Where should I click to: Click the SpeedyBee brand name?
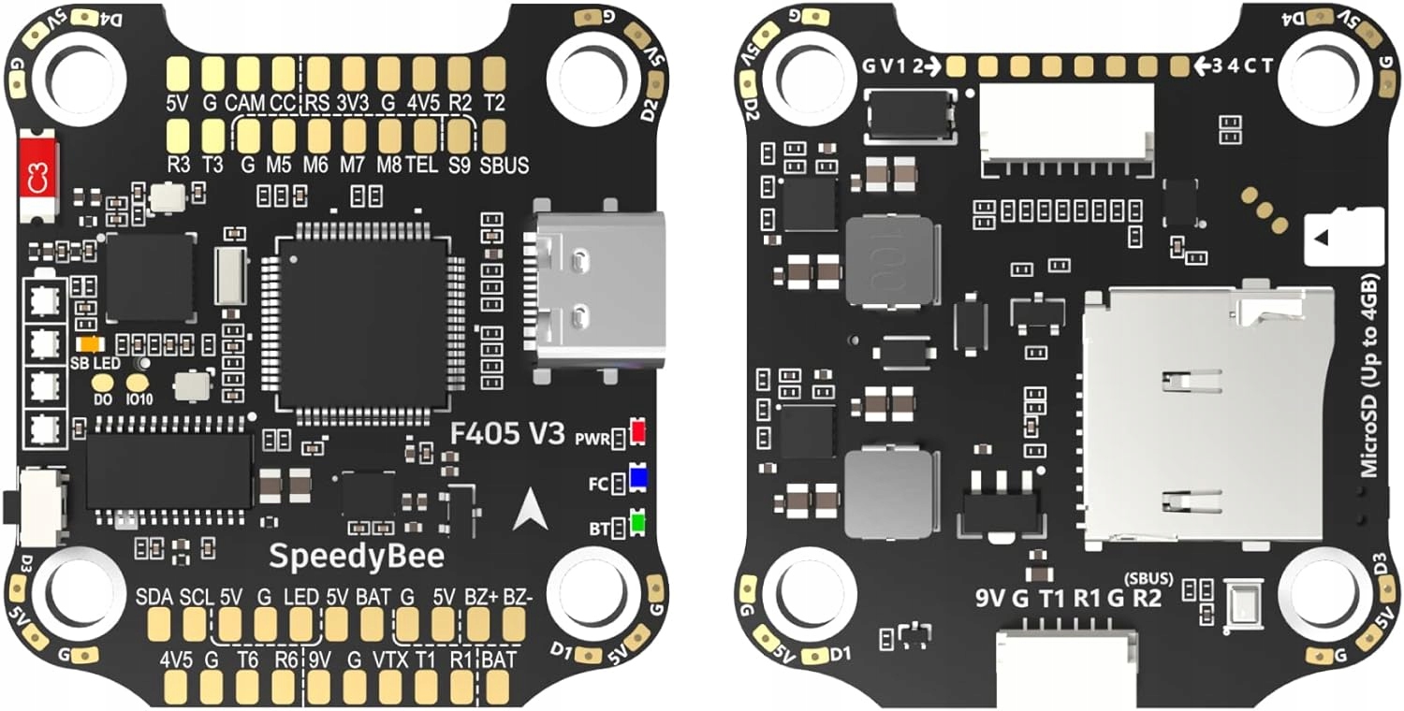click(x=357, y=556)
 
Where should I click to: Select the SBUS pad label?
click(x=504, y=166)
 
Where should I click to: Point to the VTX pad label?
click(x=390, y=659)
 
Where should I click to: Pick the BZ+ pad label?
click(x=481, y=596)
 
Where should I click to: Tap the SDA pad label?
click(x=154, y=596)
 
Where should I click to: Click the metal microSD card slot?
click(x=1207, y=416)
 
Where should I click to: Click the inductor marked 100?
click(x=889, y=261)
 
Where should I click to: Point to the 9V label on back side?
click(x=990, y=598)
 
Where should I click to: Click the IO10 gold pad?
click(x=138, y=383)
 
